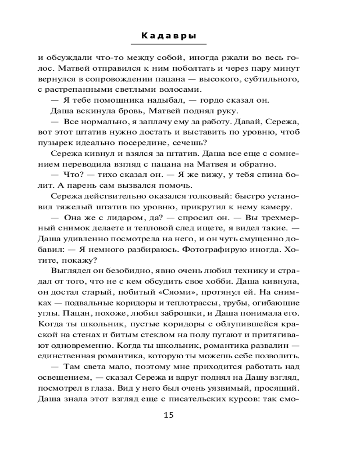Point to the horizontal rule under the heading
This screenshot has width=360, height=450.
tap(168, 44)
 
